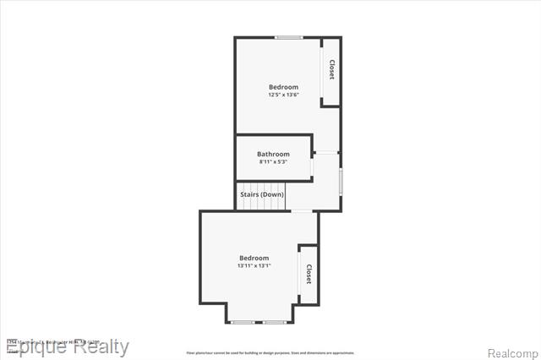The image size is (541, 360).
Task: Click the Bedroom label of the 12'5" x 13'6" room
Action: pos(283,87)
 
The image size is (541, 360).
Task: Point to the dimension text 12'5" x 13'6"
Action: pos(283,95)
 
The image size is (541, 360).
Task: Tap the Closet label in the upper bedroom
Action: pos(331,70)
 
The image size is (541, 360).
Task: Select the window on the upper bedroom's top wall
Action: pos(289,37)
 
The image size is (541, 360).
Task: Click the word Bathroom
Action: pos(273,154)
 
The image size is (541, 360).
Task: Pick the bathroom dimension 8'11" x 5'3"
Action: pos(273,161)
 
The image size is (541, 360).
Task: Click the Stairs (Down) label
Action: pos(262,194)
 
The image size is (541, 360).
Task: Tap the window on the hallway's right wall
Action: pos(341,182)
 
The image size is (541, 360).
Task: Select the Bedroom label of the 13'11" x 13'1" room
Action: pos(254,258)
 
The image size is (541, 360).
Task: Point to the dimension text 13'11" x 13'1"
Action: pos(254,265)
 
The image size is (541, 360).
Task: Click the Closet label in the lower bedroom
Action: pos(309,275)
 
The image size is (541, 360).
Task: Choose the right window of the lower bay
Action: pos(273,322)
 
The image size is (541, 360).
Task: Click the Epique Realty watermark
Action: pos(68,346)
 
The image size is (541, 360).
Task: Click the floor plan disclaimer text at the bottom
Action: pos(270,352)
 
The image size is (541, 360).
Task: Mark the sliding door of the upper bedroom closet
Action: pos(321,72)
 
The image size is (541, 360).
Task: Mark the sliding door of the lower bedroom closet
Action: pos(298,275)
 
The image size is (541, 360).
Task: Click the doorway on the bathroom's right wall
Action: pos(312,166)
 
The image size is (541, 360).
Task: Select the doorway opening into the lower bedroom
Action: pos(302,211)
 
